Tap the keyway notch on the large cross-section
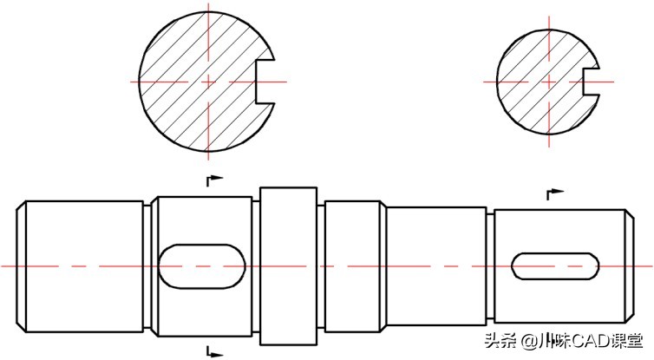(x=267, y=81)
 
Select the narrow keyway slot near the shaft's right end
(x=556, y=265)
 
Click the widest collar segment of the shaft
(x=290, y=265)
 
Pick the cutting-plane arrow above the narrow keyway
(x=553, y=193)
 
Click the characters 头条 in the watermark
(x=500, y=341)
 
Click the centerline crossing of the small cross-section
(x=548, y=82)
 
